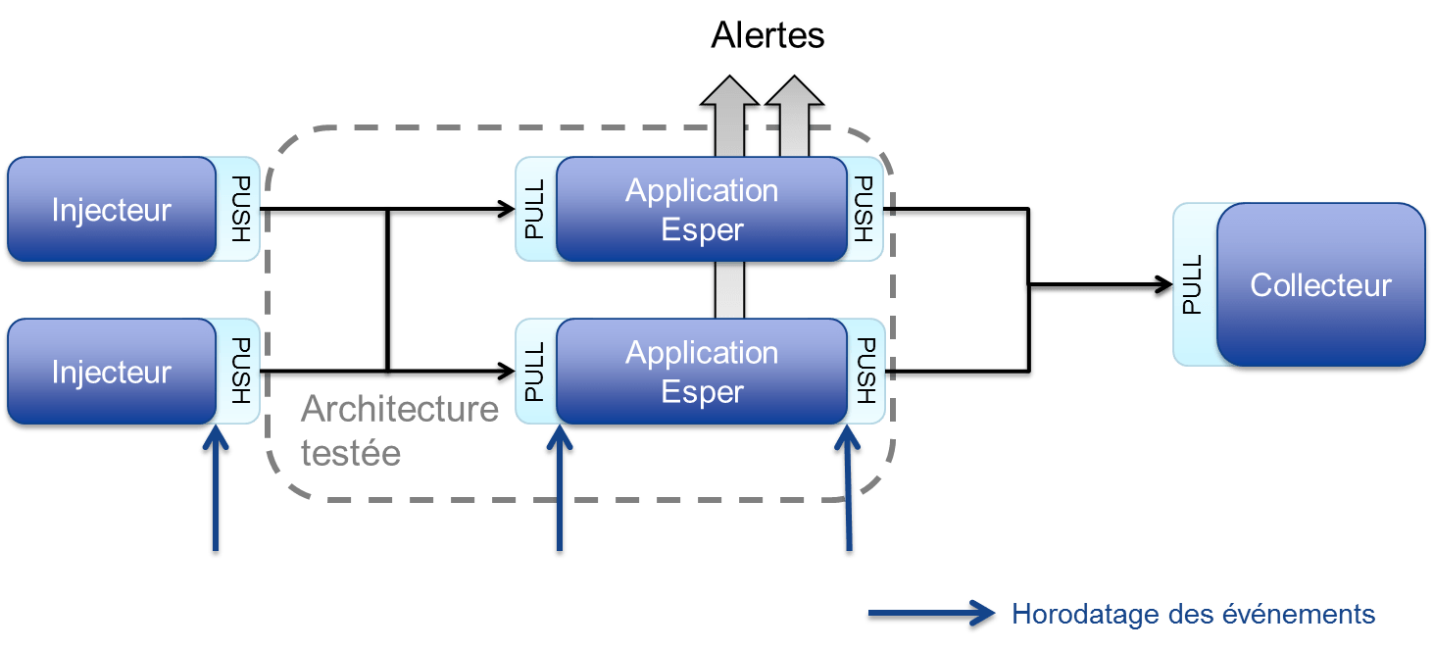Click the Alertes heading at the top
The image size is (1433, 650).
pyautogui.click(x=767, y=36)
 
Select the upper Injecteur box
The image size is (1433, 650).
pyautogui.click(x=111, y=210)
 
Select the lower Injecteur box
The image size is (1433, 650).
pyautogui.click(x=111, y=372)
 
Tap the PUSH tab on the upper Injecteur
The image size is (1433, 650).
pyautogui.click(x=241, y=209)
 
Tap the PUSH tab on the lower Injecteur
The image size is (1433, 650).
pyautogui.click(x=241, y=372)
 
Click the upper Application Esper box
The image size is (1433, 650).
pyautogui.click(x=702, y=210)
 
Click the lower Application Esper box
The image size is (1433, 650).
pyautogui.click(x=702, y=372)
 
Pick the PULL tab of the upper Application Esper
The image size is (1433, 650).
pyautogui.click(x=535, y=209)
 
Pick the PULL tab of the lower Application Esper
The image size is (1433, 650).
pyautogui.click(x=535, y=372)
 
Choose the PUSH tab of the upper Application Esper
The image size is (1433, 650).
pyautogui.click(x=864, y=209)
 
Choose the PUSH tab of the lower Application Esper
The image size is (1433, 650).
pyautogui.click(x=865, y=372)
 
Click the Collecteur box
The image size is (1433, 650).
pyautogui.click(x=1320, y=285)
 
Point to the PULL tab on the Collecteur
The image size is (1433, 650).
pyautogui.click(x=1193, y=284)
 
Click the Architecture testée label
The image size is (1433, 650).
pyautogui.click(x=398, y=429)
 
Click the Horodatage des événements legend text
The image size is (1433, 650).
pyautogui.click(x=1194, y=615)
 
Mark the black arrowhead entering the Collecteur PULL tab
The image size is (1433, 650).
pyautogui.click(x=1162, y=286)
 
